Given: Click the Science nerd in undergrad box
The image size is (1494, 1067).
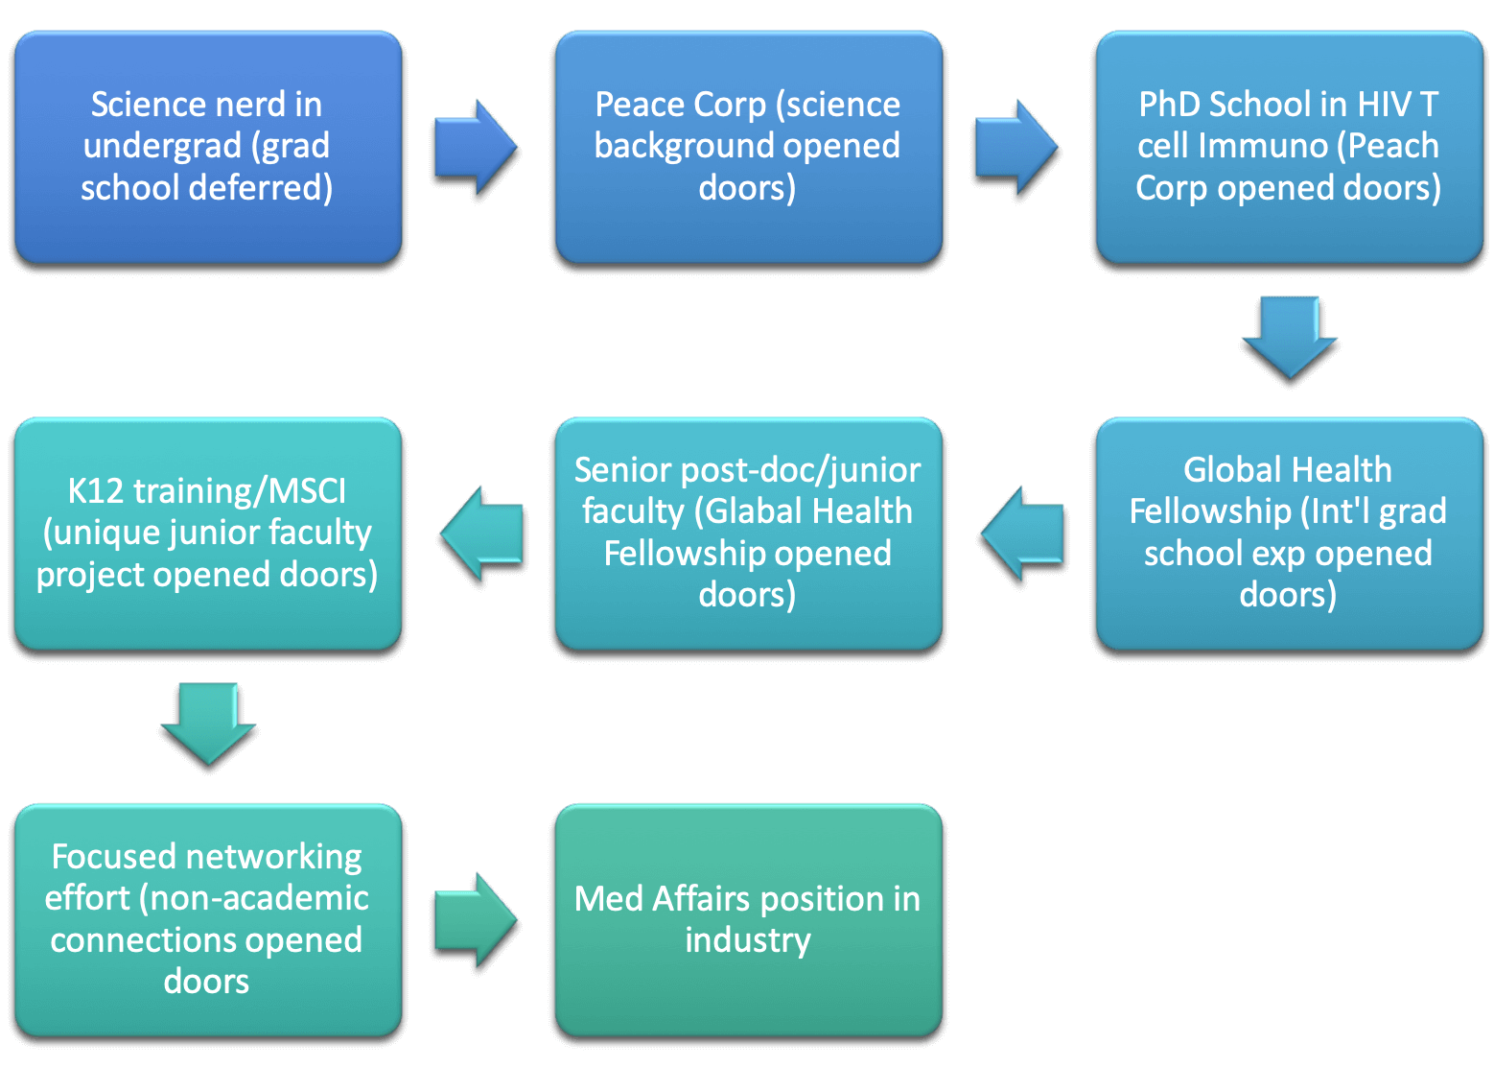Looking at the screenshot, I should point(207,146).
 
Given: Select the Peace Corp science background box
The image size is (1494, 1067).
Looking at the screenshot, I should point(748,146).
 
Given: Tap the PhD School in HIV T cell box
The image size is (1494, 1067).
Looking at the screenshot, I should point(1289,146).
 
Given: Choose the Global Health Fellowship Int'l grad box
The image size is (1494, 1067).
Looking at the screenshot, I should point(1289,533).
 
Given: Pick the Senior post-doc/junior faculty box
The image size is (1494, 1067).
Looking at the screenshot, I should point(748,533).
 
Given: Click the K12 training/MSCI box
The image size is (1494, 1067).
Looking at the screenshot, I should point(207,533).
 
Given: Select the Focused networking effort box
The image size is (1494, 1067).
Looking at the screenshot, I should point(207,919).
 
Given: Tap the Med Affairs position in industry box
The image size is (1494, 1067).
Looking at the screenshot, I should point(748,919).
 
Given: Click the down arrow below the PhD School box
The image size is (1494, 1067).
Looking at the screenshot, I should point(1290,336).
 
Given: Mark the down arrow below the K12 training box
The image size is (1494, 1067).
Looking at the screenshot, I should point(208,723).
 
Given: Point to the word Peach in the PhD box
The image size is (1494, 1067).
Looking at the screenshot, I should point(1393,146).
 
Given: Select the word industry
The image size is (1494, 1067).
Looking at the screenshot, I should point(748,940).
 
